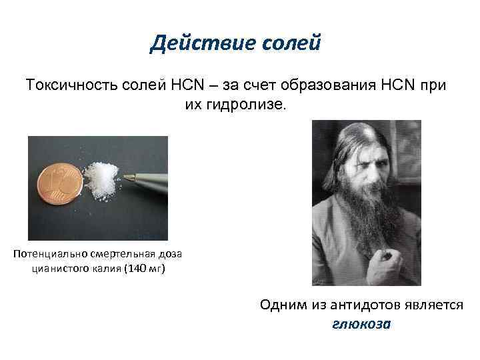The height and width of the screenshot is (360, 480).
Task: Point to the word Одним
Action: [282, 305]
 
